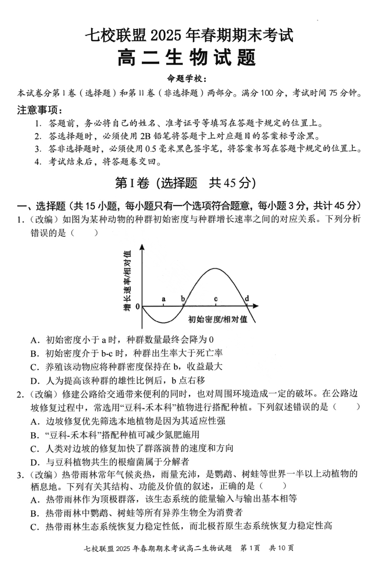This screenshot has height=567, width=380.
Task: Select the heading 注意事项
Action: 39,110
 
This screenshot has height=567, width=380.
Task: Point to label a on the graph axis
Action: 163,299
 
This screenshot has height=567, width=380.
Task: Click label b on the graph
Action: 182,299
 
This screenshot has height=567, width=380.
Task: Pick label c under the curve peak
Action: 216,299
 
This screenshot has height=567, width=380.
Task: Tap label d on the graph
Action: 247,299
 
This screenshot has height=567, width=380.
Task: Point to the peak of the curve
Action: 215,269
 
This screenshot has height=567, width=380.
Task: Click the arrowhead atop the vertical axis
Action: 142,246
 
